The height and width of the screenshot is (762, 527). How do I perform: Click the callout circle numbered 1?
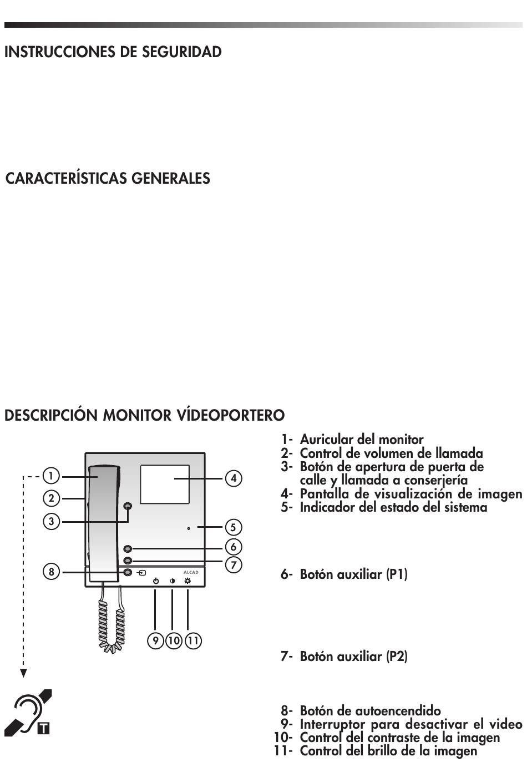50,476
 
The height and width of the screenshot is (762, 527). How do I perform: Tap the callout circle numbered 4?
234,478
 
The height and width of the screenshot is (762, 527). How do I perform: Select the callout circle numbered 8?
51,572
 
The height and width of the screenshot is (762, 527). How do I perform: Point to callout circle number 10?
174,641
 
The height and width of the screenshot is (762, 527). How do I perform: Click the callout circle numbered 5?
233,527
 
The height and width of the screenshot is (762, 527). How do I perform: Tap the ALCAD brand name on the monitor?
191,572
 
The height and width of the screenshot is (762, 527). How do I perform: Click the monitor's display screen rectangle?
165,484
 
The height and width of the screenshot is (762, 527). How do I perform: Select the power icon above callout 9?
156,581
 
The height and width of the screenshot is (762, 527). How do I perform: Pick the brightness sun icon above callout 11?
188,581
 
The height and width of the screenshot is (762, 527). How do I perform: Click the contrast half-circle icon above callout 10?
173,581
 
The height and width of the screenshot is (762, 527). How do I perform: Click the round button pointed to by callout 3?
128,507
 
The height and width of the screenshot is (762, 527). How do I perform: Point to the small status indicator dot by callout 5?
189,528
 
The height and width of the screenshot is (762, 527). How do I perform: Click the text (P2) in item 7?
397,657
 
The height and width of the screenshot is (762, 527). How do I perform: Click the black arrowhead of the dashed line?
23,673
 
